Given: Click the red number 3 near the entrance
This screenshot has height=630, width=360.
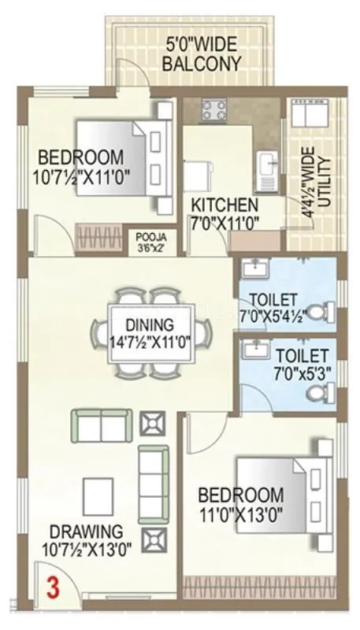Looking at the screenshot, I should pyautogui.click(x=52, y=587).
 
